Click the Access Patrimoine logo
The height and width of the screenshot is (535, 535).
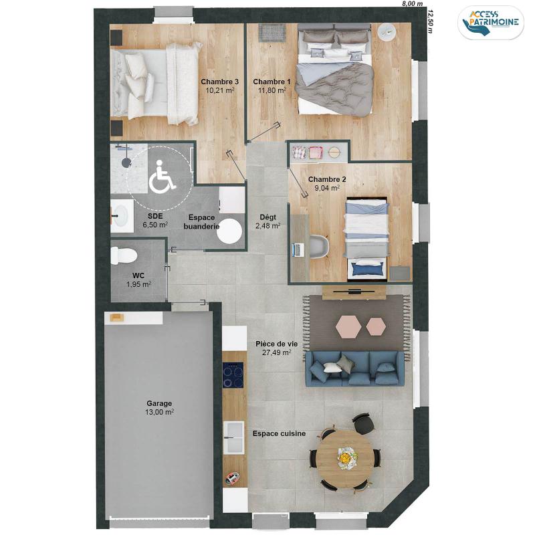click(491, 22)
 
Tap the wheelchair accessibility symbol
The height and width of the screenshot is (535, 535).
click(162, 175)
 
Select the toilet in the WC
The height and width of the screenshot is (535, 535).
click(124, 255)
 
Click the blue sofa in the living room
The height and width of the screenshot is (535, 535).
click(355, 369)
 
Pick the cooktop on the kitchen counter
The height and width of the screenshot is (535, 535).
click(233, 375)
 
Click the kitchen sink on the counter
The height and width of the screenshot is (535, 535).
click(233, 437)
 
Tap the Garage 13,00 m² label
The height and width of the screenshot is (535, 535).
click(159, 408)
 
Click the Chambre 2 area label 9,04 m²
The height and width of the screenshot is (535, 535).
click(327, 188)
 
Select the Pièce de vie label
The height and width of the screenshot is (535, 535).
click(276, 344)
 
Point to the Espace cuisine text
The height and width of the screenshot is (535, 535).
click(279, 433)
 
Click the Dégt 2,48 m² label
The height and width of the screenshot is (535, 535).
click(268, 221)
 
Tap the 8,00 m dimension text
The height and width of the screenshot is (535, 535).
click(413, 3)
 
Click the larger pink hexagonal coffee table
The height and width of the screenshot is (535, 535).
click(348, 326)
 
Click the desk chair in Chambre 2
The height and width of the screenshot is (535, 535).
click(320, 246)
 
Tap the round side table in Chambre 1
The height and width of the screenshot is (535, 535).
click(387, 32)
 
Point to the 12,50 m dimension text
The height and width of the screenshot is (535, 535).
click(430, 21)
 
